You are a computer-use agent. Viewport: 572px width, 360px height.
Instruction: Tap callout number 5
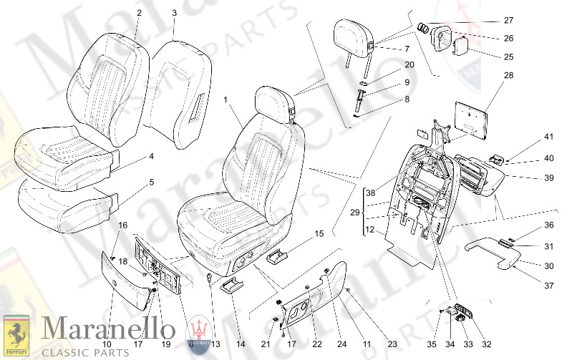pyautogui.click(x=151, y=182)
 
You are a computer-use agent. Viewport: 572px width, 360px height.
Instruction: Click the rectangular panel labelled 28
pyautogui.click(x=469, y=118)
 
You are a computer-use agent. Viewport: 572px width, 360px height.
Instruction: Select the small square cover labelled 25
pyautogui.click(x=461, y=45)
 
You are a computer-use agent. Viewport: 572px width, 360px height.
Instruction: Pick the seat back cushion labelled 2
pyautogui.click(x=107, y=86)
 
